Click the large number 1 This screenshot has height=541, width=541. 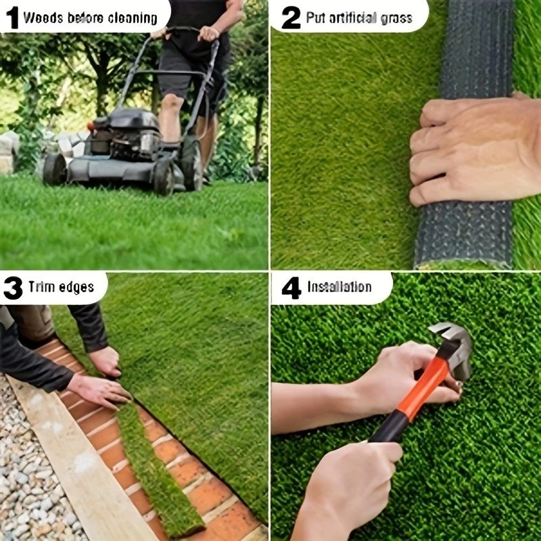click(12, 18)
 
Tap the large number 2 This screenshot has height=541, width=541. click(291, 18)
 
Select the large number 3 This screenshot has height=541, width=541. click(13, 287)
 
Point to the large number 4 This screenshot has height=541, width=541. click(291, 287)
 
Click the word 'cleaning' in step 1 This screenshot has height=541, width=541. click(133, 18)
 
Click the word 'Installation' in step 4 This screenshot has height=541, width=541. click(339, 287)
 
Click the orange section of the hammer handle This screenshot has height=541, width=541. click(424, 387)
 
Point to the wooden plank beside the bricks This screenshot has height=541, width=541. click(79, 463)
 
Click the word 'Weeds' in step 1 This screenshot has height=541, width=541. click(43, 18)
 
